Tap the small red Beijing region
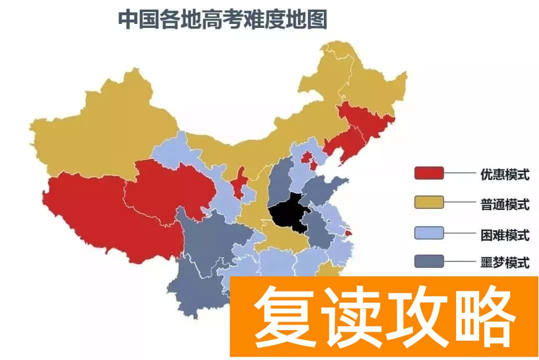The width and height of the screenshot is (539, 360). (306, 158)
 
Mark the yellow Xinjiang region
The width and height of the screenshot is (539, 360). (100, 130)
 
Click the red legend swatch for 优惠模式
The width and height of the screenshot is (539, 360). (429, 174)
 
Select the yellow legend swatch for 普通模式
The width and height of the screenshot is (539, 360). (429, 202)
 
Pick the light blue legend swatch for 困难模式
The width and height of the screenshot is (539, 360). (429, 232)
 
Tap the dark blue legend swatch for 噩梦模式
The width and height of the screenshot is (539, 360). (429, 261)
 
